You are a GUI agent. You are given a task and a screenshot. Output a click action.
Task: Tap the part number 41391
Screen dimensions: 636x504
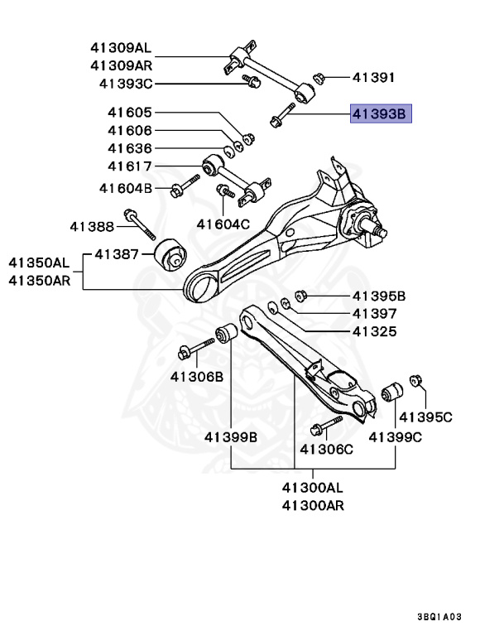coord(374,79)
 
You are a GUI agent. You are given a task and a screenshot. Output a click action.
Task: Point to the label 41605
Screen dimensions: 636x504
coord(129,113)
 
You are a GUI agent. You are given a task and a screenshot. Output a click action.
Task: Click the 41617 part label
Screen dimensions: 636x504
coord(129,167)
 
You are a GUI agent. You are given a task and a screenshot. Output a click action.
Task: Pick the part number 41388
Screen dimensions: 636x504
coord(92,225)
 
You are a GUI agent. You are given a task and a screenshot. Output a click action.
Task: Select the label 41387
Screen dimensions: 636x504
coord(116,253)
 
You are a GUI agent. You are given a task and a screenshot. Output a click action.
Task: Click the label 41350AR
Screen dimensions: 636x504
coord(40,281)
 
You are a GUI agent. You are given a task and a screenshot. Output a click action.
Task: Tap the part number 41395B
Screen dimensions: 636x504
coord(379,296)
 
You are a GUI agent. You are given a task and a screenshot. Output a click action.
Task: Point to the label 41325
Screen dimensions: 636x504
coord(375,332)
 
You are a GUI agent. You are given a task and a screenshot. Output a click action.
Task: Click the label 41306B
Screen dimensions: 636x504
coord(197,376)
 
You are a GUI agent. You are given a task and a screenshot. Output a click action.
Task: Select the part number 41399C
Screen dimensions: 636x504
coord(396,436)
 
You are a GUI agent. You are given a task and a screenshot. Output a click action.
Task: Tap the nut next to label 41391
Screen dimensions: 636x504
coord(319,79)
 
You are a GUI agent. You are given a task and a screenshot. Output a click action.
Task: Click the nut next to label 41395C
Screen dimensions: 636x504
coord(417,382)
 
